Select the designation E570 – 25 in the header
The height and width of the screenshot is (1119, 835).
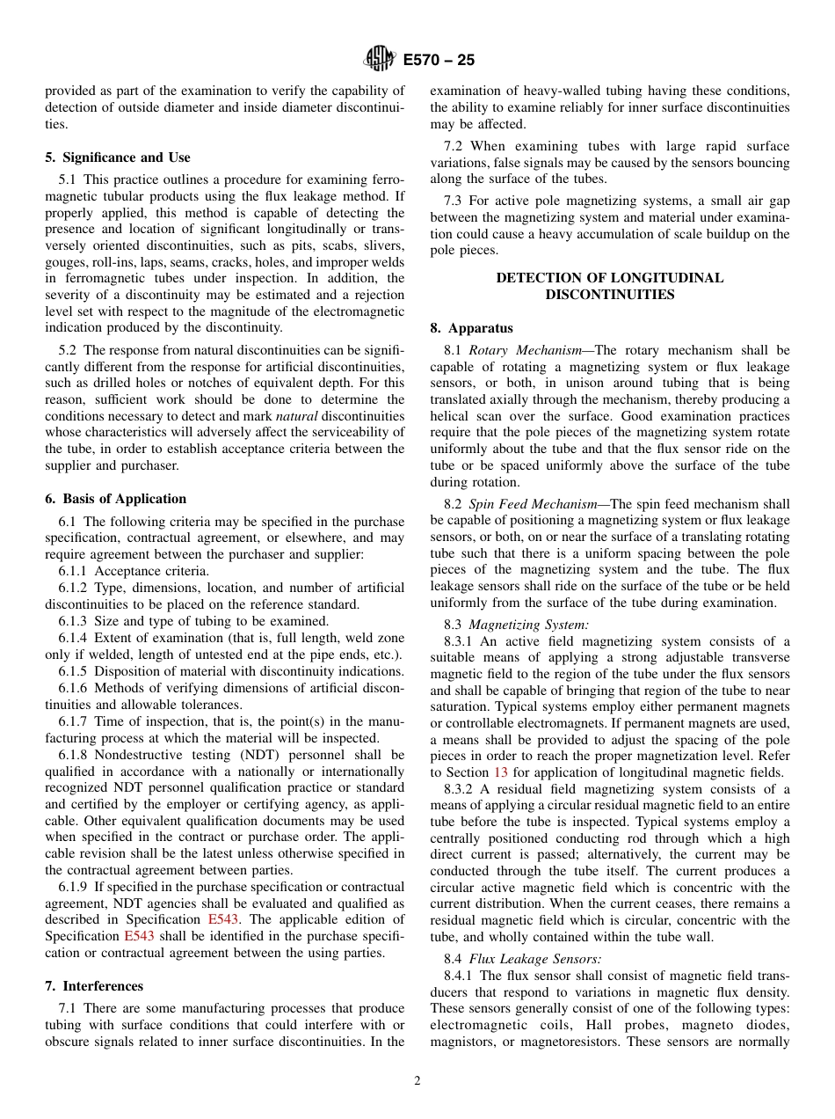point(439,61)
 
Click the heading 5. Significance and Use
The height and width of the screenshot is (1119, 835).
point(117,157)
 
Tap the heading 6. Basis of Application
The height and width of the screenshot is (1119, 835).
point(115,499)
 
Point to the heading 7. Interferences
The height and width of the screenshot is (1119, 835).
point(94,986)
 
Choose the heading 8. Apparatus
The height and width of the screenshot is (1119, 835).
point(471,328)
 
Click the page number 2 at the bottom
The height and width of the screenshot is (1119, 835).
point(417,1081)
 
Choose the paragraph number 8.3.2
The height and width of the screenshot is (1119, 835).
point(460,789)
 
